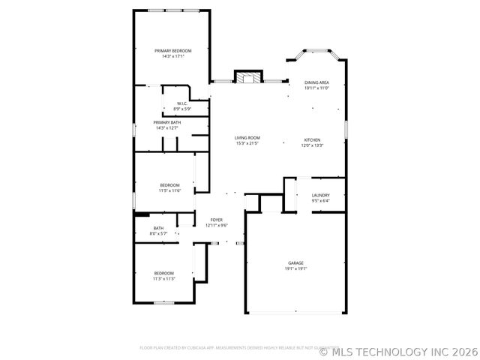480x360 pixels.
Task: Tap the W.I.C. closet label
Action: pyautogui.click(x=182, y=103)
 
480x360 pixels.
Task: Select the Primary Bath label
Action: pyautogui.click(x=167, y=122)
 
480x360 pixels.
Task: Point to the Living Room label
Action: pyautogui.click(x=247, y=138)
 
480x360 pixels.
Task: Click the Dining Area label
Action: pyautogui.click(x=316, y=82)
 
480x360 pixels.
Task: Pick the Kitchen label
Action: pyautogui.click(x=312, y=140)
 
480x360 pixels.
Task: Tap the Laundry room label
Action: pyautogui.click(x=320, y=195)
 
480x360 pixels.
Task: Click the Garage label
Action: pyautogui.click(x=295, y=262)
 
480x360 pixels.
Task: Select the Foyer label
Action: pyautogui.click(x=216, y=220)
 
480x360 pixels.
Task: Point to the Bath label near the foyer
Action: pyautogui.click(x=158, y=228)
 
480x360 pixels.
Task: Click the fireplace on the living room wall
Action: pyautogui.click(x=249, y=76)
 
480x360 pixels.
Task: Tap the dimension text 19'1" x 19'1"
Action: pyautogui.click(x=295, y=268)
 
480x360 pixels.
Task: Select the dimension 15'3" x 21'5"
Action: pyautogui.click(x=247, y=143)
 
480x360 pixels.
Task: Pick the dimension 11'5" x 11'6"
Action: pyautogui.click(x=169, y=190)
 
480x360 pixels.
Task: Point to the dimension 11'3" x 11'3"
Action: pyautogui.click(x=164, y=278)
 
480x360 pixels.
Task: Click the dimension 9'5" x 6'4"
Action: pyautogui.click(x=320, y=200)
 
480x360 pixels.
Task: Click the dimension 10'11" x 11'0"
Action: pyautogui.click(x=316, y=88)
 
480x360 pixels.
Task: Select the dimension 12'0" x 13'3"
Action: pyautogui.click(x=312, y=145)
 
